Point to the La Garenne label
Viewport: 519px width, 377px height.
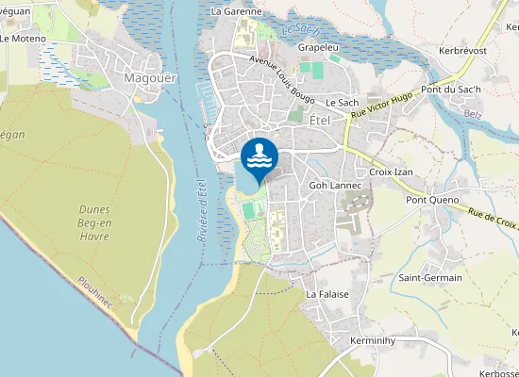click(x=236, y=11)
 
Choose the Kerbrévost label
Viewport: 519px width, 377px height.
click(x=461, y=50)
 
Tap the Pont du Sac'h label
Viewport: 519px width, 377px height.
click(x=451, y=89)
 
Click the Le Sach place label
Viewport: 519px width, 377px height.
click(x=343, y=102)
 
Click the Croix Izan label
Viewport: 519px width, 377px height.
click(x=392, y=172)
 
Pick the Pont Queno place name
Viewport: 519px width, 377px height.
click(x=432, y=200)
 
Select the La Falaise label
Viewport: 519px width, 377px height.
click(x=327, y=294)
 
